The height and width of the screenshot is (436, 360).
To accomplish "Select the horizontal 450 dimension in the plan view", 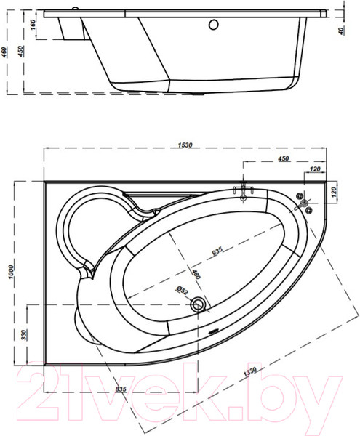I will (x=284, y=159).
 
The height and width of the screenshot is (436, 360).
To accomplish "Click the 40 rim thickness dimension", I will (x=341, y=31).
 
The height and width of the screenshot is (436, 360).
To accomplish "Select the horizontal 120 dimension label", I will (x=314, y=170).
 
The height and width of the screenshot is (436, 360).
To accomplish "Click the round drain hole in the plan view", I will (x=197, y=305).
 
